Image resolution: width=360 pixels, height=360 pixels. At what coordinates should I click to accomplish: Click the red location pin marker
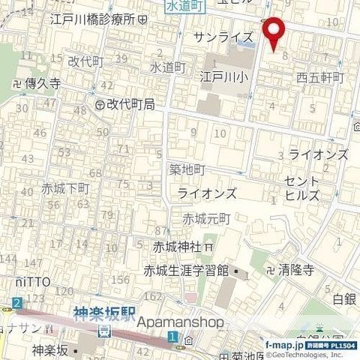coord(275,31)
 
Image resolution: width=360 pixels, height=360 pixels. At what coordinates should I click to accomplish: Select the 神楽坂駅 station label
coord(105,316)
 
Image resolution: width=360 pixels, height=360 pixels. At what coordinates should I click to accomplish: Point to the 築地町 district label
coord(187,170)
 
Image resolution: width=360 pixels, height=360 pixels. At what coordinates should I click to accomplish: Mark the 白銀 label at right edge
coord(344,298)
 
